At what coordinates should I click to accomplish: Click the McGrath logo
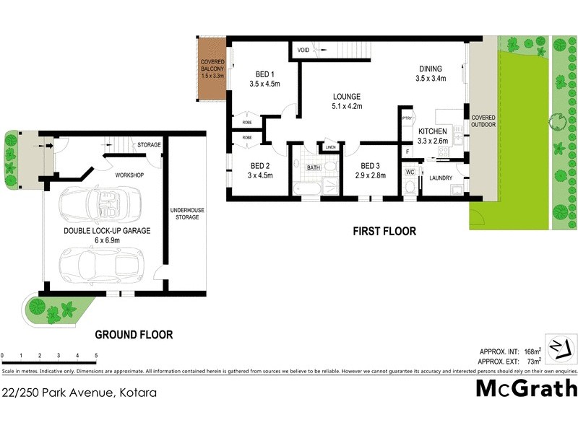tap(527, 388)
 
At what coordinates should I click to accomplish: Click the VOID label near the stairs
tap(303, 50)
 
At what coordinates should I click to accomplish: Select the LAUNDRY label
tap(440, 178)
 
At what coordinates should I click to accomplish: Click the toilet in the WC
tap(410, 187)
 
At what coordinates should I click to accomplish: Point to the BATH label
tap(314, 167)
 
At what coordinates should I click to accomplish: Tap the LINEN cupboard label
tap(331, 147)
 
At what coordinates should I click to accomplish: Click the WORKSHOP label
tap(130, 175)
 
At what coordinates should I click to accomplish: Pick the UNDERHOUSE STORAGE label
tap(186, 214)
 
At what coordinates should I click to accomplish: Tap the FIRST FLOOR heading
tap(384, 232)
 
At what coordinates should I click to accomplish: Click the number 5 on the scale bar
tap(97, 356)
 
